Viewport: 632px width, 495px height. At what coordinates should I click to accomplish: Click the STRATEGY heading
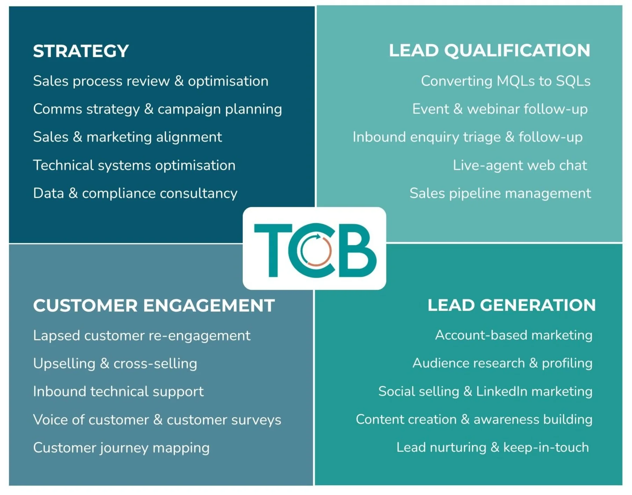tap(81, 51)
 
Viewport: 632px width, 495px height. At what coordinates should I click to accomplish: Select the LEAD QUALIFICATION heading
tap(489, 50)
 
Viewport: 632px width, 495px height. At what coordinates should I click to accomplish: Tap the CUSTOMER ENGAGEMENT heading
tap(154, 306)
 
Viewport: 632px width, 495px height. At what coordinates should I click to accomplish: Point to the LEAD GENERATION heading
tap(511, 305)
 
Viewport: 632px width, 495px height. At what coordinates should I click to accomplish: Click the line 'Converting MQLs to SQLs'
tap(506, 81)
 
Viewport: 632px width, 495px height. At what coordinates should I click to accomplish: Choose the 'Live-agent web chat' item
tap(520, 165)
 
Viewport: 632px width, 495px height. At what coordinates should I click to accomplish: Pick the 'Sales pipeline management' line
tap(500, 193)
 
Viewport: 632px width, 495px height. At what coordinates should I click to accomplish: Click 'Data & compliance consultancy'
tap(135, 193)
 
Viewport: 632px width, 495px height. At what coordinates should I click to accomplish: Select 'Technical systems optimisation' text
tap(134, 165)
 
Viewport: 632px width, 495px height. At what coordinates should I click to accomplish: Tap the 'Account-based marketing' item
tap(514, 335)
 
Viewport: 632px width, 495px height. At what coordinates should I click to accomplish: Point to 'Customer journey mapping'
tap(121, 448)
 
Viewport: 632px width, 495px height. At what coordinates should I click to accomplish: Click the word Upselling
tap(64, 364)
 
